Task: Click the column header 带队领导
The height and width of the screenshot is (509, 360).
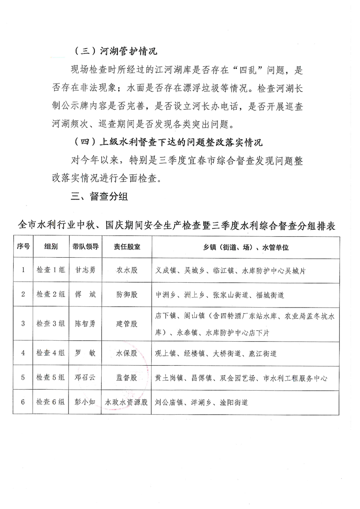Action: [x=85, y=247]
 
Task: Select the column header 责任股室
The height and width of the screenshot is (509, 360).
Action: [x=127, y=247]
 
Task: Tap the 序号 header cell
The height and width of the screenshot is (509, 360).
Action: [x=24, y=247]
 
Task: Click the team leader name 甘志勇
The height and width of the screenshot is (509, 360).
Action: [x=85, y=270]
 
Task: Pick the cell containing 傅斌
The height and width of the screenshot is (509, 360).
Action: [x=85, y=294]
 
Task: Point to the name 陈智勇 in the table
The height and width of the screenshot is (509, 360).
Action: [x=85, y=323]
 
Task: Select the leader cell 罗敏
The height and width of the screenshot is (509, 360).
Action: [x=85, y=353]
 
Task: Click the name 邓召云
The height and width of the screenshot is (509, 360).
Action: [x=85, y=377]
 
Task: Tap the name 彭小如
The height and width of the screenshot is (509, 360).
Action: [x=85, y=402]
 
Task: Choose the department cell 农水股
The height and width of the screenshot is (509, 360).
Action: [x=127, y=270]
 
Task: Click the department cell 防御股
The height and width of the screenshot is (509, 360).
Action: [x=127, y=294]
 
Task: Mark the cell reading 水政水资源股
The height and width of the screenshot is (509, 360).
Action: [x=127, y=402]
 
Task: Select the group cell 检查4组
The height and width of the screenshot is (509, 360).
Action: [x=51, y=353]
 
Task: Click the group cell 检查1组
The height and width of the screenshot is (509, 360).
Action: [x=51, y=270]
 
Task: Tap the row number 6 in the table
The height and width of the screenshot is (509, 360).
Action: [x=23, y=402]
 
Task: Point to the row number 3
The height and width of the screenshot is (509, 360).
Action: [x=23, y=323]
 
